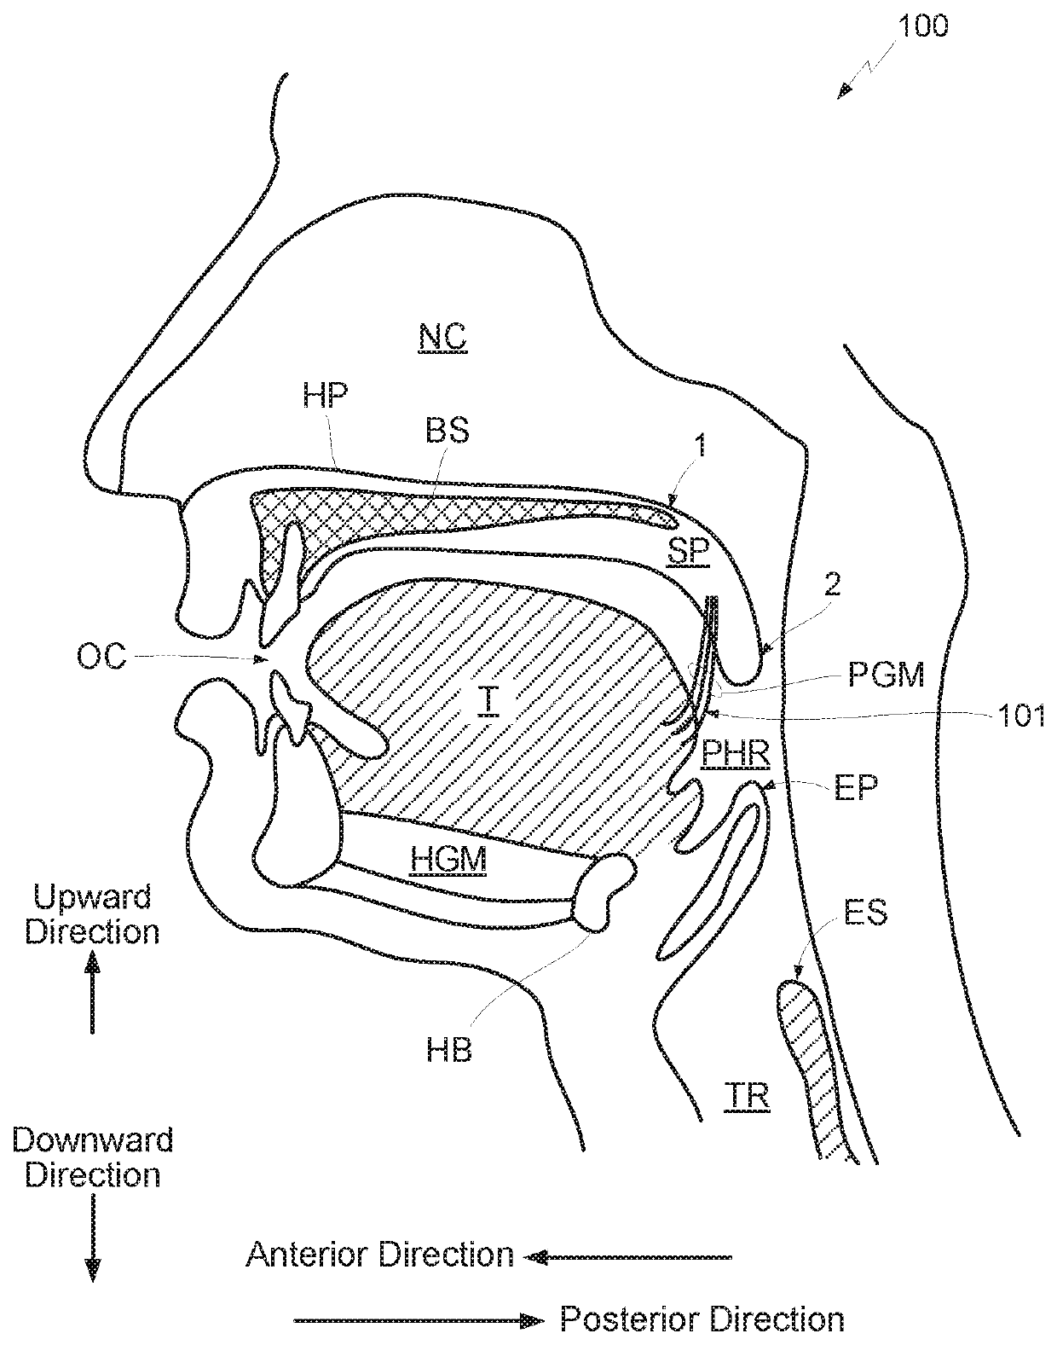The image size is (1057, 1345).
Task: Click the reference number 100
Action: (922, 26)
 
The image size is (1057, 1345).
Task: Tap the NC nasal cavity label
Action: (442, 338)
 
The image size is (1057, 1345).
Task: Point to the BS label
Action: (448, 431)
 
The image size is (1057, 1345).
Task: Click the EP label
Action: (856, 788)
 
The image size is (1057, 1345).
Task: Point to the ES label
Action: (865, 913)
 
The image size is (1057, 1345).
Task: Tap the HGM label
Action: (448, 859)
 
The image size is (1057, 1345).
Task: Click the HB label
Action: (449, 1050)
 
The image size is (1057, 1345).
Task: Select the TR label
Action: (750, 1096)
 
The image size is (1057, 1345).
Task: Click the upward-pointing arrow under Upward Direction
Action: (92, 994)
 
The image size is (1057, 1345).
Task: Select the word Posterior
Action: (626, 1319)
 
